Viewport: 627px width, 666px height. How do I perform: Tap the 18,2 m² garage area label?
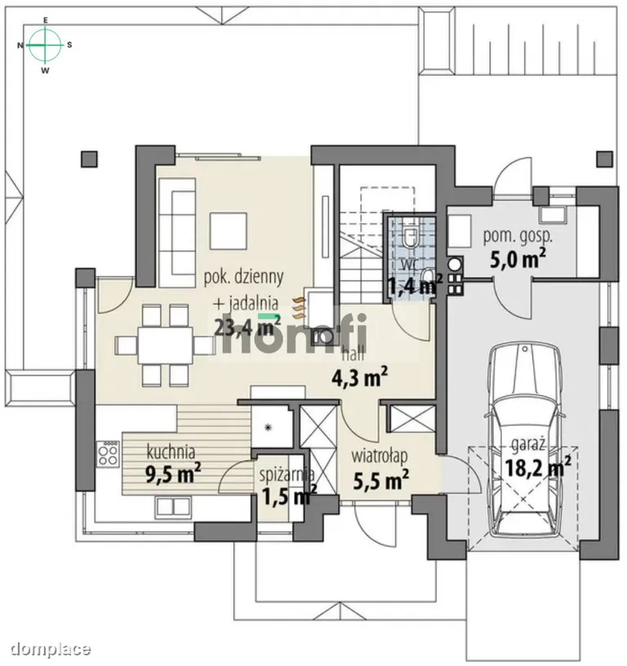pos(538,468)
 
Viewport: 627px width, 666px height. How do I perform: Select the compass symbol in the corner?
pos(45,45)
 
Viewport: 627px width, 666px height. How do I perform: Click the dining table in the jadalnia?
pos(165,344)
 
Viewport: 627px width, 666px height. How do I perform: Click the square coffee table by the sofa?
pos(229,232)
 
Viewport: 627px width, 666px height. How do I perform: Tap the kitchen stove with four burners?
pos(108,454)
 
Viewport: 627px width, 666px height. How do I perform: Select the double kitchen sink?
pos(173,506)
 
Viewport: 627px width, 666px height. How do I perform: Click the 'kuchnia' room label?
pos(171,451)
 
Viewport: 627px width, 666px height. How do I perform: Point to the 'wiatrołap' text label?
pos(380,456)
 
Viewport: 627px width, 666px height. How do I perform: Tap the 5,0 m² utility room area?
pos(518,259)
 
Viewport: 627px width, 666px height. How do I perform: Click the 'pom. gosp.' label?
pos(518,236)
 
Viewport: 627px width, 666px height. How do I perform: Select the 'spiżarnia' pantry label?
pos(287,475)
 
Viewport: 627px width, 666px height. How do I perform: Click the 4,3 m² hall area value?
pos(359,378)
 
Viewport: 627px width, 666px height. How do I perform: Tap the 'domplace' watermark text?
pos(51,649)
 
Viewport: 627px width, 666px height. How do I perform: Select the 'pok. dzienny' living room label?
pos(244,277)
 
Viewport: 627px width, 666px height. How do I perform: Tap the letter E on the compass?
pos(46,20)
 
